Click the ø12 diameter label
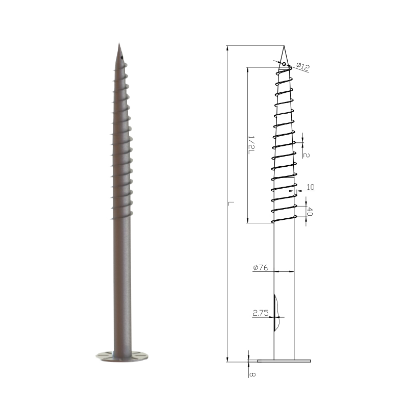303,67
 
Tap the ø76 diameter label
261,267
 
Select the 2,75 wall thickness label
261,313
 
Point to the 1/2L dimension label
251,145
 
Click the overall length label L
231,203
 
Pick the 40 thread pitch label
310,211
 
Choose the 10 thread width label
311,187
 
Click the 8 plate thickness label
252,374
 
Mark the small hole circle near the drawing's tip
284,64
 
